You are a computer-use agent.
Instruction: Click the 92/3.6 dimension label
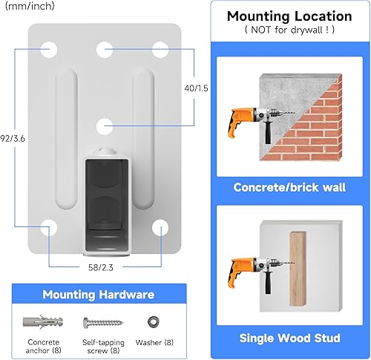click(13, 139)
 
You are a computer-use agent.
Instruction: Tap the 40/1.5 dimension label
click(196, 88)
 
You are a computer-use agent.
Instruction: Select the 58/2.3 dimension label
click(101, 267)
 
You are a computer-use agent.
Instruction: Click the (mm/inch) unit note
click(30, 6)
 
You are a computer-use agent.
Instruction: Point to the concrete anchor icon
click(43, 321)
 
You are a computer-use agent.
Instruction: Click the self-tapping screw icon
click(103, 323)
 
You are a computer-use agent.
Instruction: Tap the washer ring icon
click(154, 322)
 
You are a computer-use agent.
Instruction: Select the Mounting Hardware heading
click(99, 295)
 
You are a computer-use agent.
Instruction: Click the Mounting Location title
click(289, 16)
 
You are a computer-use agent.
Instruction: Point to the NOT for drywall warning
click(289, 30)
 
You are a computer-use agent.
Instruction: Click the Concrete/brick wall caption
click(289, 187)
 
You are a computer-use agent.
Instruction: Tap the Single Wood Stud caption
click(289, 338)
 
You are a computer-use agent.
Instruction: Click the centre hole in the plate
click(105, 126)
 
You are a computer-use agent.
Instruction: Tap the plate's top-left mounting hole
click(49, 50)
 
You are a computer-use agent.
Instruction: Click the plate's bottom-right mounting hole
click(160, 228)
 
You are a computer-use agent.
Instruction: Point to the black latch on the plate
click(107, 204)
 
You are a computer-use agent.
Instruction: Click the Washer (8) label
click(154, 342)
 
